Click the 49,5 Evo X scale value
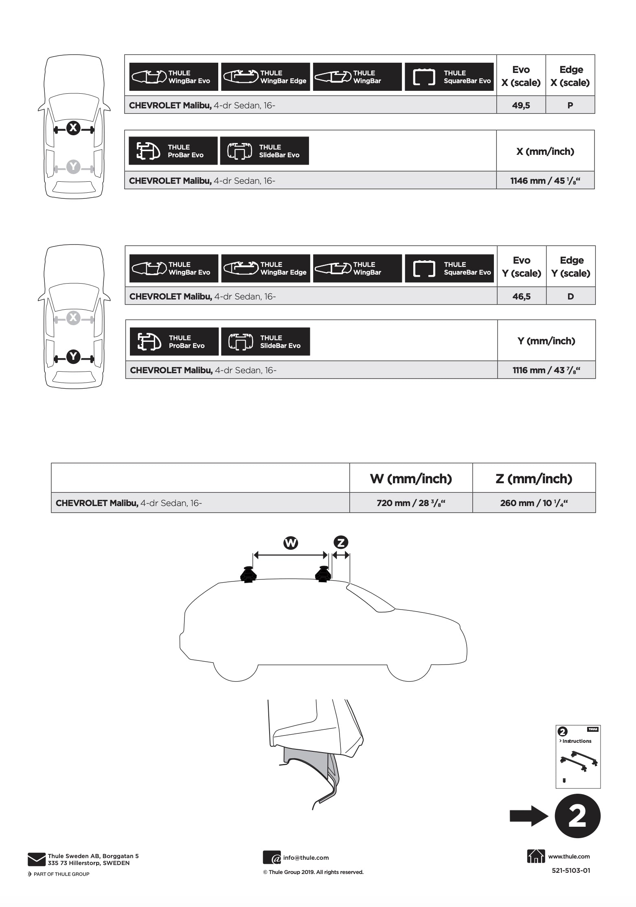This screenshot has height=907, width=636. click(x=521, y=105)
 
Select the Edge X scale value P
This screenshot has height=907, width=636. click(x=570, y=105)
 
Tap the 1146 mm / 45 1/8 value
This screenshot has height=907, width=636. click(x=545, y=181)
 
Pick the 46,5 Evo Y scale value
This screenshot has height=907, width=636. click(x=521, y=296)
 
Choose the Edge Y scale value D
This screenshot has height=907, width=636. click(x=570, y=296)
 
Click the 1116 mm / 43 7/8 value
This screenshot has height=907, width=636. click(x=546, y=370)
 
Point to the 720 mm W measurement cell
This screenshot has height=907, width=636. click(x=411, y=503)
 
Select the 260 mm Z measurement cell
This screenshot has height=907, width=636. click(x=534, y=503)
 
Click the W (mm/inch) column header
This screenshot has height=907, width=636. click(x=411, y=478)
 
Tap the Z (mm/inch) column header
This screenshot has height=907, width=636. click(x=534, y=478)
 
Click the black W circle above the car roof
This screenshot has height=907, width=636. click(x=291, y=543)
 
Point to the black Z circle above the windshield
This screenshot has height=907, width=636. click(x=341, y=543)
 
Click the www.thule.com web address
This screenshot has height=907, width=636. click(x=569, y=856)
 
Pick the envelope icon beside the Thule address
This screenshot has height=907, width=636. click(x=37, y=859)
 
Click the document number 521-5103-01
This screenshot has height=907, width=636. click(x=571, y=870)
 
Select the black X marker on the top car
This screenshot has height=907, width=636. click(x=73, y=128)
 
